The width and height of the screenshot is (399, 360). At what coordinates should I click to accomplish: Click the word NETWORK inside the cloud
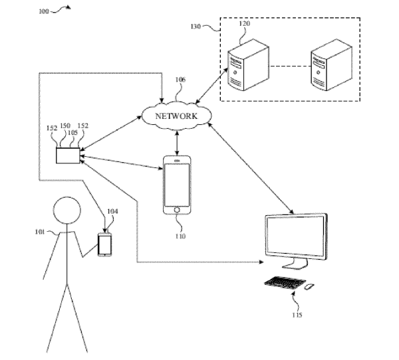[x=176, y=116]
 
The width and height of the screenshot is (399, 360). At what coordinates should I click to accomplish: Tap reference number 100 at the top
[x=43, y=12]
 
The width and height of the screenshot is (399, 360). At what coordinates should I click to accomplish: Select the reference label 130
[x=196, y=27]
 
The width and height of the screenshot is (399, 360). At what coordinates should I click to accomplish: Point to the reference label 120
[x=245, y=24]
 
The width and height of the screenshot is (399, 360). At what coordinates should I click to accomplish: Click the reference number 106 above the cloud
[x=180, y=80]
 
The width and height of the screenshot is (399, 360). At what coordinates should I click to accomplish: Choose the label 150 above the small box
[x=65, y=126]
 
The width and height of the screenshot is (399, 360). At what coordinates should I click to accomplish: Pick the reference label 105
[x=72, y=133]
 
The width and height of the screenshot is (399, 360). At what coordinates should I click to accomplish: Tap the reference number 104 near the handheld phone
[x=112, y=211]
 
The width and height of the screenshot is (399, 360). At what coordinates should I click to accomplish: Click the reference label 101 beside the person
[x=40, y=232]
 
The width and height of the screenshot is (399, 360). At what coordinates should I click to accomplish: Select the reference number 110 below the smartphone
[x=180, y=236]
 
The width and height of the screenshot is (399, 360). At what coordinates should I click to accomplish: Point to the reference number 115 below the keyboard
[x=297, y=315]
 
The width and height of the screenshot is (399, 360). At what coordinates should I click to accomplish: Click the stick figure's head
[x=67, y=211]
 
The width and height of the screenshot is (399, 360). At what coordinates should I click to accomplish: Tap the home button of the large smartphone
[x=177, y=210]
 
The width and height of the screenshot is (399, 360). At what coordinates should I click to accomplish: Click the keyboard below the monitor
[x=285, y=282]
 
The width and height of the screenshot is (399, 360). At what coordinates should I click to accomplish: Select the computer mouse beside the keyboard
[x=309, y=286]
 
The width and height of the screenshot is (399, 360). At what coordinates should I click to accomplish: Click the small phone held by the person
[x=105, y=244]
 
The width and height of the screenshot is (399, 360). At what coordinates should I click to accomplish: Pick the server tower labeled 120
[x=248, y=65]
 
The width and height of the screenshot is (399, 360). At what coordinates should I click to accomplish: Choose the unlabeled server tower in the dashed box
[x=332, y=65]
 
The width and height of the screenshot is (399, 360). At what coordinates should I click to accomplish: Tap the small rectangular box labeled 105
[x=68, y=155]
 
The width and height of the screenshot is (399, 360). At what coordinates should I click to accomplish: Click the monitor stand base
[x=295, y=266]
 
